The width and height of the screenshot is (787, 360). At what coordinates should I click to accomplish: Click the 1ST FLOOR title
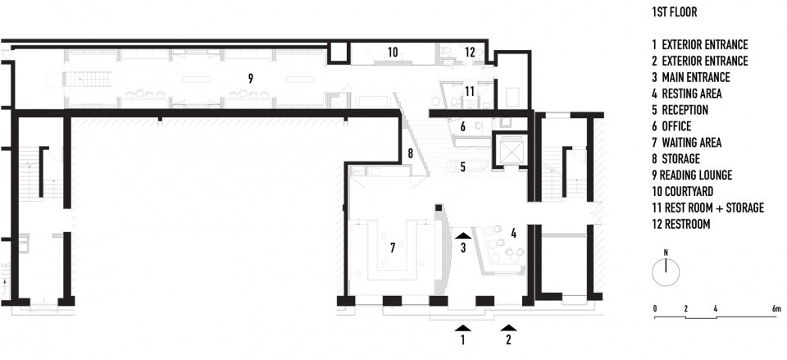(x=674, y=12)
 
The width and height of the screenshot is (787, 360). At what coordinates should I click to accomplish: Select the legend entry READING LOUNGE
(x=692, y=175)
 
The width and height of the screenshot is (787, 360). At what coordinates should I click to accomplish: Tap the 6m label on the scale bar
(x=776, y=309)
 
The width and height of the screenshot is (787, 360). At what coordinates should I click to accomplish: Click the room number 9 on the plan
(x=251, y=78)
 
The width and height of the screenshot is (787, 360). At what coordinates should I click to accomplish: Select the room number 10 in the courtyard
(x=393, y=52)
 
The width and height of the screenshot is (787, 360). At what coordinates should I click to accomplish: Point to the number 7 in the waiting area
(x=393, y=247)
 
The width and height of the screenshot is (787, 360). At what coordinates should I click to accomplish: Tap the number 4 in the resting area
(x=513, y=233)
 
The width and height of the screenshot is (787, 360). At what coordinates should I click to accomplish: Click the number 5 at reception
(x=462, y=166)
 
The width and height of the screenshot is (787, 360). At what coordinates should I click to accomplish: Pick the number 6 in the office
(x=462, y=127)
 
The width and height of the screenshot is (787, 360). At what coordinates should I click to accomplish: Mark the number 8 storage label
(x=410, y=154)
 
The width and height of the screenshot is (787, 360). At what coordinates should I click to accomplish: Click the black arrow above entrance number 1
(x=462, y=328)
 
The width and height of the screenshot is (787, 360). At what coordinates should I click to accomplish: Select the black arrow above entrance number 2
(x=508, y=328)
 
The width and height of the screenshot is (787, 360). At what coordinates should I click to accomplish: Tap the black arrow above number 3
(x=462, y=235)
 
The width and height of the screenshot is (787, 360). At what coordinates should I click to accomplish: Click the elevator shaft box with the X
(x=508, y=150)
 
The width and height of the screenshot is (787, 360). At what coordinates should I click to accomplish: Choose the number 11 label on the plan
(x=469, y=91)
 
